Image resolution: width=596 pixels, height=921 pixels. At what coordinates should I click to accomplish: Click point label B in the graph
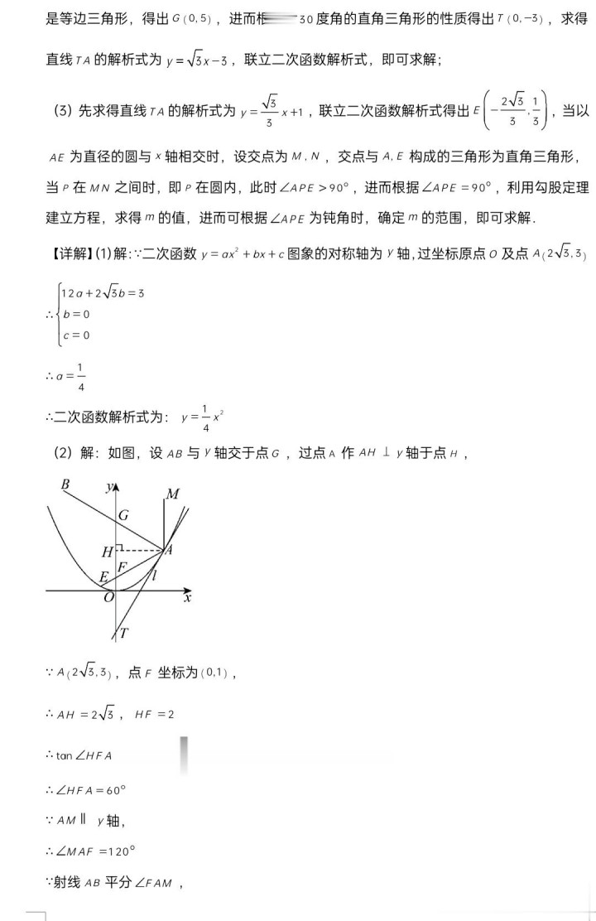65,485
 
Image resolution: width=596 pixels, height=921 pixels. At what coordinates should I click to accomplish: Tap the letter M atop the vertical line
172,494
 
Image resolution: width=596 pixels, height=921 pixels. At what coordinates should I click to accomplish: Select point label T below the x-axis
124,634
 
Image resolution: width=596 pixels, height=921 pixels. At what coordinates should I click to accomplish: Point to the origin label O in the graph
108,598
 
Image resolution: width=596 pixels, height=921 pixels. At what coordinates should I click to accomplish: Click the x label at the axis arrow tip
188,596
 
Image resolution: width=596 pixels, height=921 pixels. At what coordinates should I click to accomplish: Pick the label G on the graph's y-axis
123,515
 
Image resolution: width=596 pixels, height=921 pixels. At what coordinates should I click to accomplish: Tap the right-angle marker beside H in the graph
120,548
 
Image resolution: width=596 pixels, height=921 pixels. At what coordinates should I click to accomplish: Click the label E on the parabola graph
103,577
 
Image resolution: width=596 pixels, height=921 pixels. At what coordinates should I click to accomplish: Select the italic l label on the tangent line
155,573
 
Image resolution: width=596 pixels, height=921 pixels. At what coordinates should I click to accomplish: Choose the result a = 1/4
73,376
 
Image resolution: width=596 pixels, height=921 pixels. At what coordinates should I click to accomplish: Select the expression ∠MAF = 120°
96,851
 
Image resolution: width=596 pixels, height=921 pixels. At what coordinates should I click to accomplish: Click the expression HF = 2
154,714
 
